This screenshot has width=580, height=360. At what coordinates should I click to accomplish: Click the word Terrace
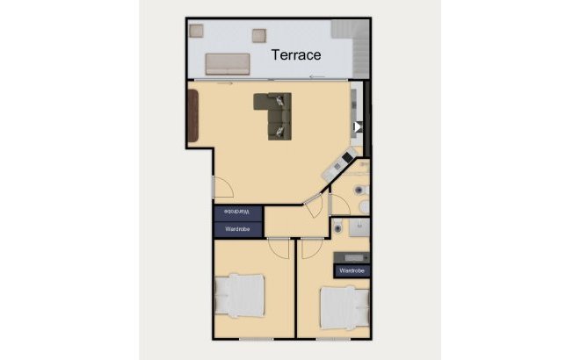click(295, 54)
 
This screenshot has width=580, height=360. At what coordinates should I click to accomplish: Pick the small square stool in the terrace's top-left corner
click(196, 31)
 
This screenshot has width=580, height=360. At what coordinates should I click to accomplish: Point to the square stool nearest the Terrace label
click(259, 35)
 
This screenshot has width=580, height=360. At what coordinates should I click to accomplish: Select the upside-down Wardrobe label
click(238, 212)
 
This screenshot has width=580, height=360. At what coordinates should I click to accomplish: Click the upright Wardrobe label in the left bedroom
click(238, 228)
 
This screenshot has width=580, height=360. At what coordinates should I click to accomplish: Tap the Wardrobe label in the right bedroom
click(352, 271)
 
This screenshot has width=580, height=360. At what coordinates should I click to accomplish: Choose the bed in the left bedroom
click(240, 294)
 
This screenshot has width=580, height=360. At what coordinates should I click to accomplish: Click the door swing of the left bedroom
click(279, 247)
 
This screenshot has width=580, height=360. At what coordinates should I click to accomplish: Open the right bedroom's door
click(309, 247)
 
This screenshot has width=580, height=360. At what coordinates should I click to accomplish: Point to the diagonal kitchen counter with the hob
click(337, 168)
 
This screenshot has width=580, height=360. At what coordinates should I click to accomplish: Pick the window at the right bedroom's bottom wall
click(333, 338)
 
